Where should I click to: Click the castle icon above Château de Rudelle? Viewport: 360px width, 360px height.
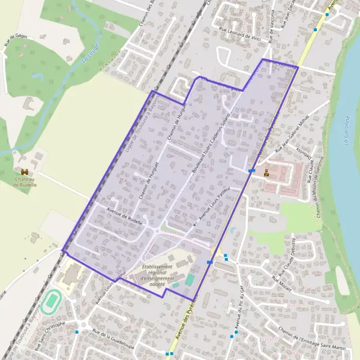point(25,172)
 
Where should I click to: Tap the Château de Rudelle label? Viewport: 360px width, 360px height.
point(25,182)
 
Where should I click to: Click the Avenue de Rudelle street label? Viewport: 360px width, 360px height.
point(124,216)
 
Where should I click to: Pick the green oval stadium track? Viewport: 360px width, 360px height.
point(52,298)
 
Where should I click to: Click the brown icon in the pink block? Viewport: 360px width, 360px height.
point(266,172)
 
